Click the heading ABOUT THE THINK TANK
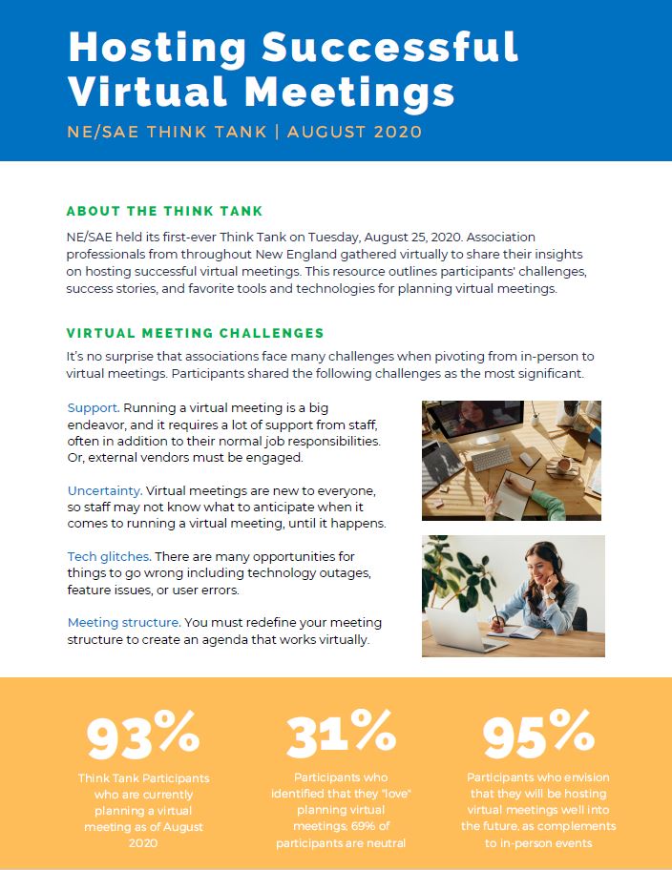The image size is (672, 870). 164,211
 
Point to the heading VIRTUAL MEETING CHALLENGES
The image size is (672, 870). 195,333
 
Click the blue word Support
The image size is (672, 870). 92,407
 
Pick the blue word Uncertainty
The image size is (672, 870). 104,489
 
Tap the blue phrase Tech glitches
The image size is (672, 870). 108,556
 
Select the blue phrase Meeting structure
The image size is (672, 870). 123,622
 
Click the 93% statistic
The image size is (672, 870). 143,734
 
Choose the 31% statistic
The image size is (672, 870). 341,734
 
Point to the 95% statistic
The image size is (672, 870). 538,734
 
